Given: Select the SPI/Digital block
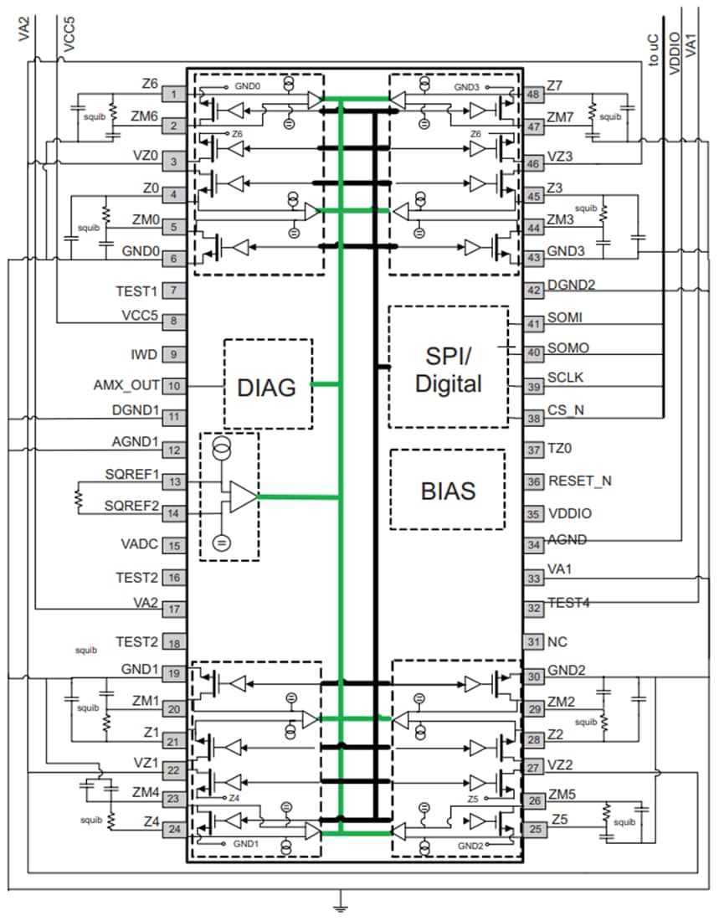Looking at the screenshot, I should (x=449, y=368).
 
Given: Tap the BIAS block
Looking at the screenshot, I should (x=448, y=490).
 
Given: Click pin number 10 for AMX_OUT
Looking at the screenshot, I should (x=173, y=386).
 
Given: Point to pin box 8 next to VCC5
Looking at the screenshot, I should (x=173, y=321).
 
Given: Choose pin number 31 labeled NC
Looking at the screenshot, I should (x=533, y=641).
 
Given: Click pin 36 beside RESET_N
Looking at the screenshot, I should (x=533, y=481).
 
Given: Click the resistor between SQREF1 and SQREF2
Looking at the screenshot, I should (x=78, y=497).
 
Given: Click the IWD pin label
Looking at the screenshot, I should (x=145, y=354).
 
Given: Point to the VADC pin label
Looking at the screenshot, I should (x=138, y=545).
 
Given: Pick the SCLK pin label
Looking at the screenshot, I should (x=566, y=378).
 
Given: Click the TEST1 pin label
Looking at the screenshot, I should (x=136, y=291).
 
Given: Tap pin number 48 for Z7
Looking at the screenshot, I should (x=533, y=95).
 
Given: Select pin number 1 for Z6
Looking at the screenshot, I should (x=173, y=95).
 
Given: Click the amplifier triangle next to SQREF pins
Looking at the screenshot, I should (x=242, y=497).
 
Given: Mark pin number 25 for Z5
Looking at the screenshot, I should (x=533, y=829).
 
